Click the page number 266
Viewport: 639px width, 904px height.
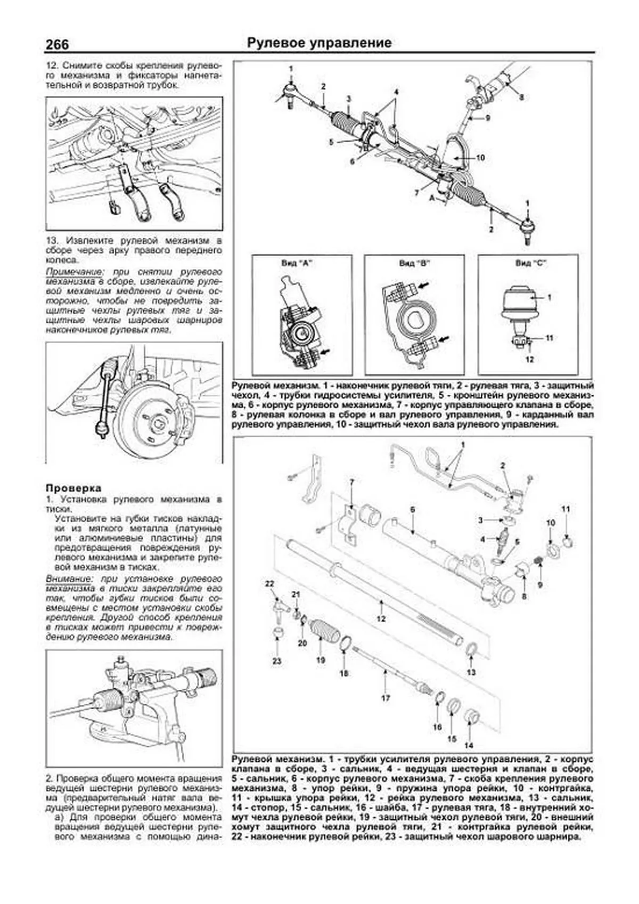57,44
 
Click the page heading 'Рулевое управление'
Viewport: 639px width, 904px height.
319,43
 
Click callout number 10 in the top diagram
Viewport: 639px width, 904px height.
480,158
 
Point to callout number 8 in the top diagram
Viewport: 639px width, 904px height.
521,97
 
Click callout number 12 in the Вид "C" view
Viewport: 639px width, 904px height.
529,360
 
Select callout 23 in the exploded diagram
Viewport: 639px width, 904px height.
277,661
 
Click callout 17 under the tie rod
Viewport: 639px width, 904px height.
386,698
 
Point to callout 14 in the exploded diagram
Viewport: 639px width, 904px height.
469,745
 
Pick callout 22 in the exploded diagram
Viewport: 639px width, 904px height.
269,584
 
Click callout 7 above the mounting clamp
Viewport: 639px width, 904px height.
351,482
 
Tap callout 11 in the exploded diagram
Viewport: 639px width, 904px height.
566,509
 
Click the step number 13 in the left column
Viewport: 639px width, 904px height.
52,241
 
